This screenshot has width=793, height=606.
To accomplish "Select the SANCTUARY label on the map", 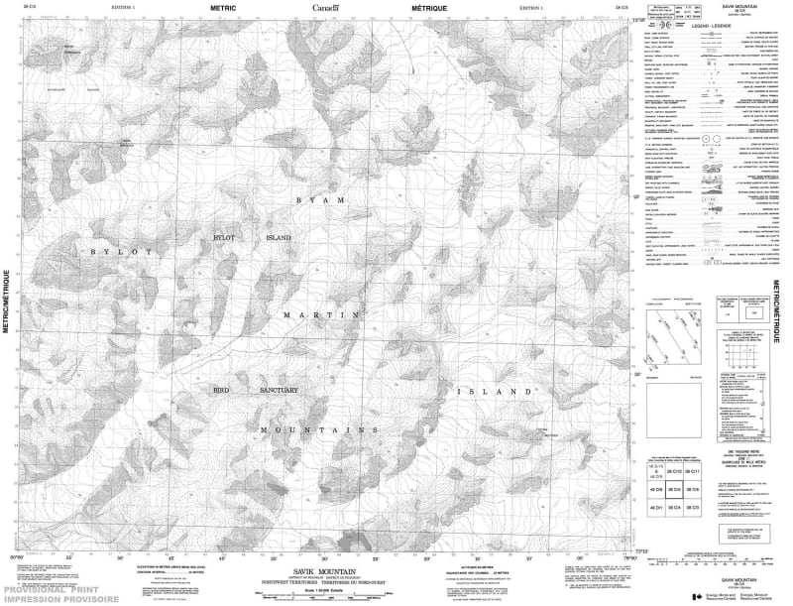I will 279,391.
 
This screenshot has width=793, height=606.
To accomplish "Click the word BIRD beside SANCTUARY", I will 222,391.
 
